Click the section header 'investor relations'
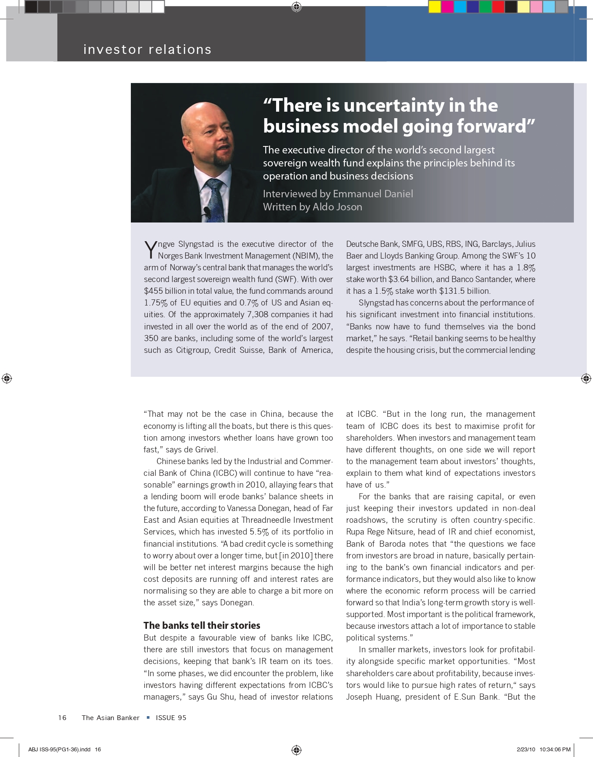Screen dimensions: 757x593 tap(147, 50)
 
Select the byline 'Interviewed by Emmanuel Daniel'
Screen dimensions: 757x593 tap(338, 194)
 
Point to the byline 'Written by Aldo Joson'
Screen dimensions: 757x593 tap(312, 207)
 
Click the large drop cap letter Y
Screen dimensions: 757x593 tap(150, 250)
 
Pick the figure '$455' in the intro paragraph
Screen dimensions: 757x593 tap(153, 291)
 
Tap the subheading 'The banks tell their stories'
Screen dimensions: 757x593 tap(202, 625)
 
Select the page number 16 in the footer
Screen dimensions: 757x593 tap(62, 718)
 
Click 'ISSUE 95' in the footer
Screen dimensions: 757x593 tap(171, 718)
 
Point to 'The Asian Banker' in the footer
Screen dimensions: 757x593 tap(110, 718)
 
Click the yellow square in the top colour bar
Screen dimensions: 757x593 tap(434, 7)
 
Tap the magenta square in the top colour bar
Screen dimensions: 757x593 tap(447, 7)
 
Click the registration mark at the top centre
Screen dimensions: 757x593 tap(296, 7)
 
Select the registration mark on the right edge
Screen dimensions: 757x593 tap(586, 378)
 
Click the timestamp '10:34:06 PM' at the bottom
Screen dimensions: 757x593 tap(555, 749)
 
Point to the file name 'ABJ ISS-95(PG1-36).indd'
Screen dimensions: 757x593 tap(60, 749)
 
